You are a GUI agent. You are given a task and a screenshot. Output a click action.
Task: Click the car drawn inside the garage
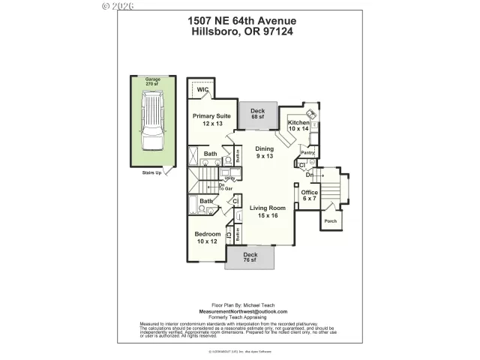[152, 124]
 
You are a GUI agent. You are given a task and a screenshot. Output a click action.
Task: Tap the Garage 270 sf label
[152, 82]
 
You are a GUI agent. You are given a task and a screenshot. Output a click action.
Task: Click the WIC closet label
[202, 90]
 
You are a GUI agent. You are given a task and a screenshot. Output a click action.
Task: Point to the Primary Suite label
[211, 119]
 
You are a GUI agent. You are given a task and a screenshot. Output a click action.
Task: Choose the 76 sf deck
[250, 257]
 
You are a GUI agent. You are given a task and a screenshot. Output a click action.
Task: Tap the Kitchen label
[298, 125]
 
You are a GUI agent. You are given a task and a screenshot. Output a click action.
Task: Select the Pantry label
[307, 152]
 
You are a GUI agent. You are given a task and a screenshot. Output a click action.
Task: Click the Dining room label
[265, 152]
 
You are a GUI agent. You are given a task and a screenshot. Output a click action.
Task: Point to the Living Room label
[268, 211]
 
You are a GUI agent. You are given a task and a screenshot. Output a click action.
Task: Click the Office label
[310, 195]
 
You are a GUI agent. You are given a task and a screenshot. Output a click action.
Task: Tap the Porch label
[330, 222]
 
